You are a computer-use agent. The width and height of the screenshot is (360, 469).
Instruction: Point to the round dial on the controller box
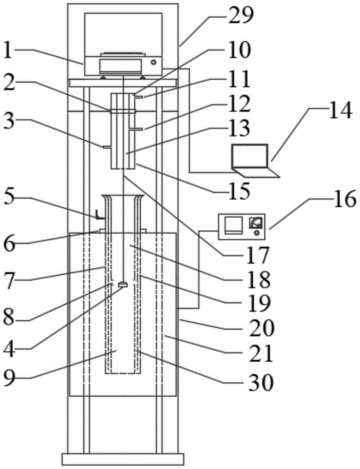pos(256,224)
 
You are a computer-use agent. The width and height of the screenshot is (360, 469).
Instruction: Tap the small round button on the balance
pos(153,62)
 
